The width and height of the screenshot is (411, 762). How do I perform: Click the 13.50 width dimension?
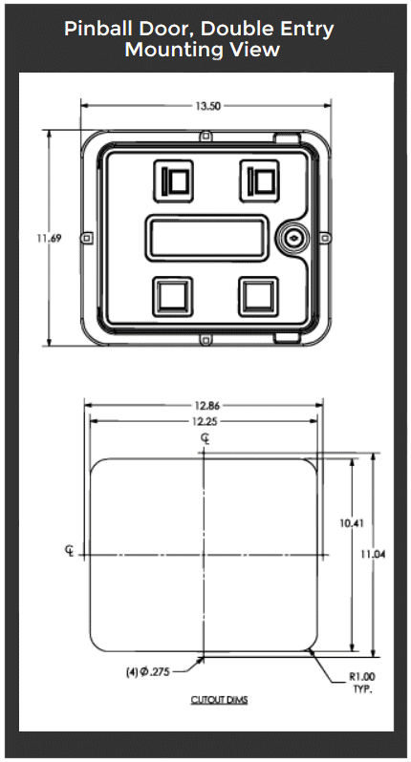pos(208,107)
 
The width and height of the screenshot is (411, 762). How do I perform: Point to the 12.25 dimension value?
pos(203,421)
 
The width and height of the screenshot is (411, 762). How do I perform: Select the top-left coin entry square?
pos(175,179)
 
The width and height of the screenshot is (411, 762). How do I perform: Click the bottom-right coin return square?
pos(257,294)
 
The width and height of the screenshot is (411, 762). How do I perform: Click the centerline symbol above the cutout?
pos(205,438)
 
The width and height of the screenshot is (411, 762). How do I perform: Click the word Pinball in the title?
pos(100,29)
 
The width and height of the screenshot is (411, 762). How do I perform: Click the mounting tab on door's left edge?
pos(86,237)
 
